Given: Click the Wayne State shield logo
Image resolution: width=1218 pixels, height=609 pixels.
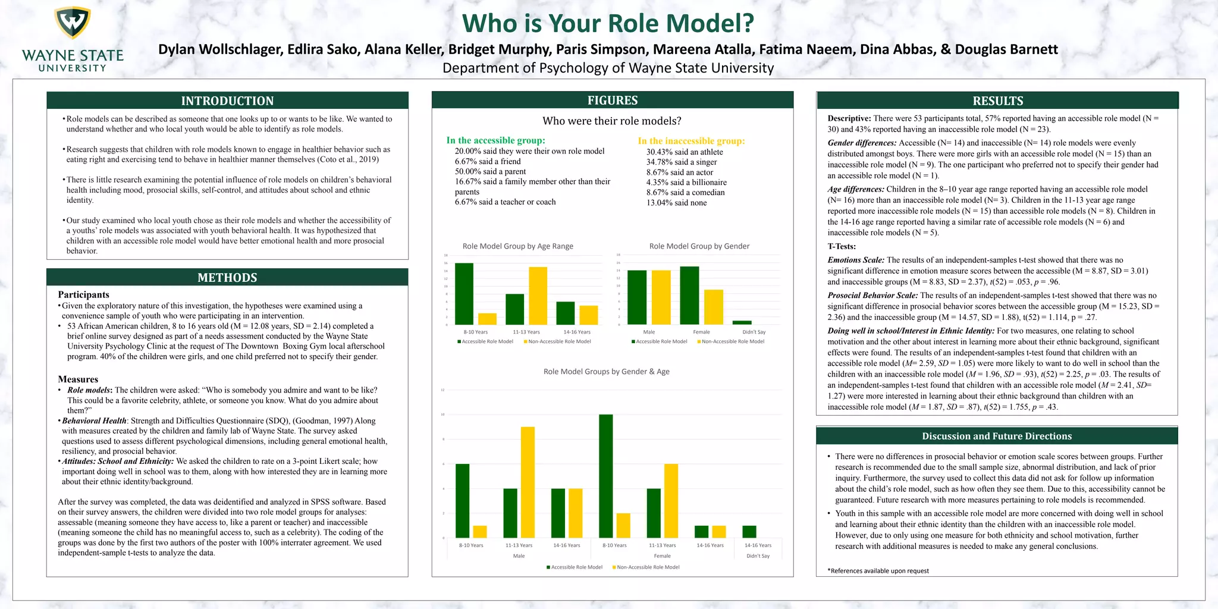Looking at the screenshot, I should tap(73, 24).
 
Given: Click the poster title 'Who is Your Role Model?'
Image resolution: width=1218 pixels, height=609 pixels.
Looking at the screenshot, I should tap(608, 24).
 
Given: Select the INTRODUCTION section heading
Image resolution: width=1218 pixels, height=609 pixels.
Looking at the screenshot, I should tap(227, 101).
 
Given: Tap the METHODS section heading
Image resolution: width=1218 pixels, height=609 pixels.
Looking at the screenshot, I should tap(227, 278).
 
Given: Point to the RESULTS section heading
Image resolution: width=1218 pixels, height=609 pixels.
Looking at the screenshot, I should tap(997, 101).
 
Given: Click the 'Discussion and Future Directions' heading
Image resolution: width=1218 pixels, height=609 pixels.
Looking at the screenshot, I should tap(997, 436).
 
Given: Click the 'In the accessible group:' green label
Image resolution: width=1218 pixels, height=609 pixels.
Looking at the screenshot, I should tap(495, 140).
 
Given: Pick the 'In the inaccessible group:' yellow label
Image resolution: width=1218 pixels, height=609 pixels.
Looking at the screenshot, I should tap(691, 141).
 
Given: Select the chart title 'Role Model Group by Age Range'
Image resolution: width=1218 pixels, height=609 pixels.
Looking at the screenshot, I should tap(517, 246).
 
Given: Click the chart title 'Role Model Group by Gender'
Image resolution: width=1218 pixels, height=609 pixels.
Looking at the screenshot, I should tap(699, 246).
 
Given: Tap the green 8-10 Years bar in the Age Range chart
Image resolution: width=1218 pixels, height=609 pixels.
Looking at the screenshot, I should tap(464, 294).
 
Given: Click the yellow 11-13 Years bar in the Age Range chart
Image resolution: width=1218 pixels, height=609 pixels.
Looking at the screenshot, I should tap(538, 296).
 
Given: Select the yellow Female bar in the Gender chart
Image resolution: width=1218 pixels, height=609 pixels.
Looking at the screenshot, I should tap(714, 307).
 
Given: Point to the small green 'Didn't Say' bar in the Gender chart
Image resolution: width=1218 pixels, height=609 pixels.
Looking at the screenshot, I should tap(742, 322).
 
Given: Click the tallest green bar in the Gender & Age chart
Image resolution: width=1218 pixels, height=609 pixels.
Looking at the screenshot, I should tap(605, 476).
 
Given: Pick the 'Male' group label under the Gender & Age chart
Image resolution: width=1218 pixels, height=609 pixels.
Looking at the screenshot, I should tap(519, 556).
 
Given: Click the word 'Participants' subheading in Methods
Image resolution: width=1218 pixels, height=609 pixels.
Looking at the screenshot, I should tap(83, 294).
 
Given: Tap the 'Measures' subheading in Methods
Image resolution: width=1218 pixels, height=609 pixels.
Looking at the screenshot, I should tap(78, 379).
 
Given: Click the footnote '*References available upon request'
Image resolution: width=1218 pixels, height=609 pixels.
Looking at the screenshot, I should tap(878, 571).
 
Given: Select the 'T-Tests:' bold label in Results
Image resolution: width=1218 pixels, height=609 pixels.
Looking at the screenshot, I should tap(842, 246).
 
